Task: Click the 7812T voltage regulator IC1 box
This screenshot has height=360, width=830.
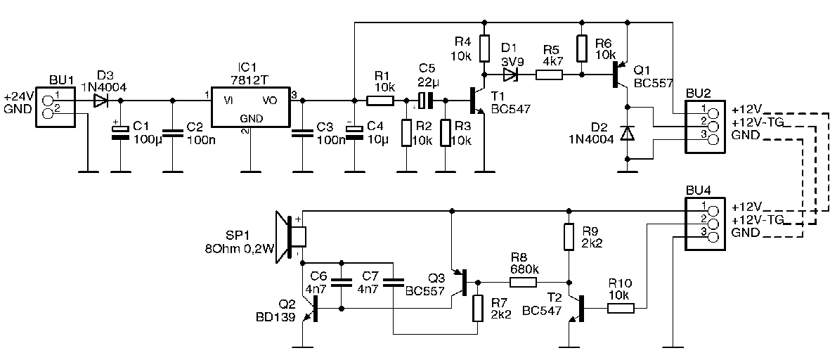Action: (251, 107)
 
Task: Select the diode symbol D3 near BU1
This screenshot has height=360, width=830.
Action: (100, 100)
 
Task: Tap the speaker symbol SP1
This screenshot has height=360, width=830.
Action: (291, 237)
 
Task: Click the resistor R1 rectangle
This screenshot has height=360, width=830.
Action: (381, 100)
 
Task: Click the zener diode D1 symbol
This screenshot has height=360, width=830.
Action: (510, 75)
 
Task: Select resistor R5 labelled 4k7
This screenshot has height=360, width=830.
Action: (549, 75)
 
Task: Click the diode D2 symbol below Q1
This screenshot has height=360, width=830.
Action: (628, 133)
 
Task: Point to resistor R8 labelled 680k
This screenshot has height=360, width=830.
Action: (524, 282)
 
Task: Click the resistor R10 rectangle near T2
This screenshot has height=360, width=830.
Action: (621, 307)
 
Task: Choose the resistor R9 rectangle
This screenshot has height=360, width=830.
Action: (569, 237)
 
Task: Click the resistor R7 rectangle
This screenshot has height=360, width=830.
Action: (478, 308)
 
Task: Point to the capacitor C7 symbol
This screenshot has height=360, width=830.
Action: (393, 282)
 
